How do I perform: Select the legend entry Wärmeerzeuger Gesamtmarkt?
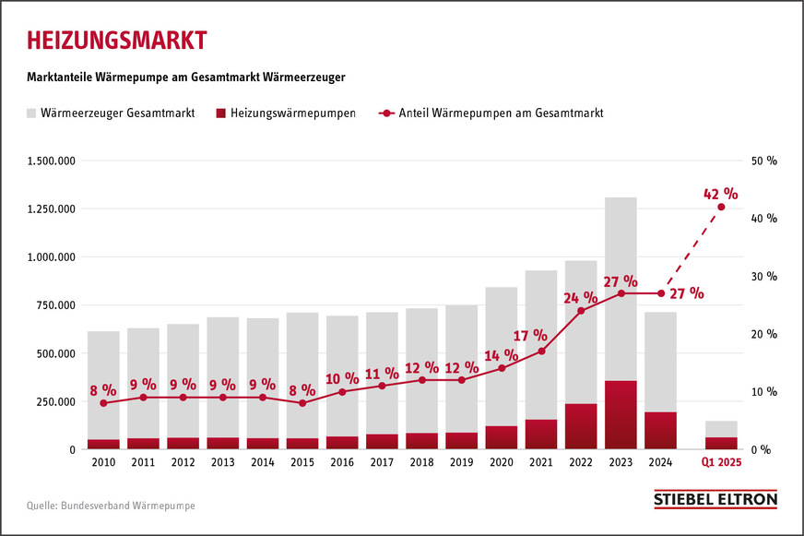(x=111, y=113)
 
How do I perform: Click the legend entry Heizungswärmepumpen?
(x=285, y=113)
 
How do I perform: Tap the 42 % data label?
(x=720, y=193)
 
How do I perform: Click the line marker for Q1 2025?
(x=721, y=207)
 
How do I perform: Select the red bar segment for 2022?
(x=581, y=426)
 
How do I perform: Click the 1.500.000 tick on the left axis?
(x=52, y=161)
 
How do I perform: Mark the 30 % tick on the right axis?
(x=765, y=277)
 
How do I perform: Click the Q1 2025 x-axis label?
(x=721, y=462)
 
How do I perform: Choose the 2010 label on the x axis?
(x=103, y=462)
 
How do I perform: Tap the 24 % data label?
(x=581, y=297)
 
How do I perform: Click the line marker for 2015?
(x=301, y=403)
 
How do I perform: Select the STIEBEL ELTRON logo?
(x=715, y=499)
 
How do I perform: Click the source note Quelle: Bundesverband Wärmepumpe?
(x=111, y=506)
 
